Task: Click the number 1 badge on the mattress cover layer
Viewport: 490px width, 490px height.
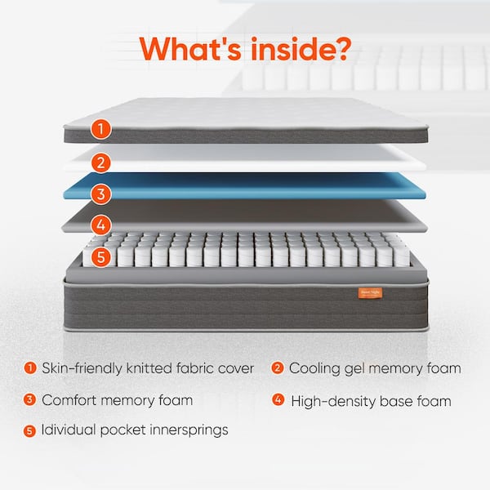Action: [x=100, y=128]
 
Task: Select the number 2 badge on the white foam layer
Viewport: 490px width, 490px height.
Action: [x=100, y=162]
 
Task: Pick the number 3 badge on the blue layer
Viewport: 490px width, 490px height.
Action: [x=100, y=194]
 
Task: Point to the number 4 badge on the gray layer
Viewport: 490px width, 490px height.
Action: [x=100, y=224]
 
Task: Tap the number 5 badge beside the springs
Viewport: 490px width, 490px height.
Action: [x=100, y=256]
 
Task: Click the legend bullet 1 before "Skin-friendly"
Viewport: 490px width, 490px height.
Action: [x=30, y=368]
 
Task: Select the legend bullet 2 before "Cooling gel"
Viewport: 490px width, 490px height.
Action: [x=277, y=368]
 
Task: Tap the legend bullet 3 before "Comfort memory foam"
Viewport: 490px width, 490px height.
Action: [x=30, y=400]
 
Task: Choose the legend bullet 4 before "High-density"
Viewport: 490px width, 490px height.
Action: [x=277, y=400]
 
